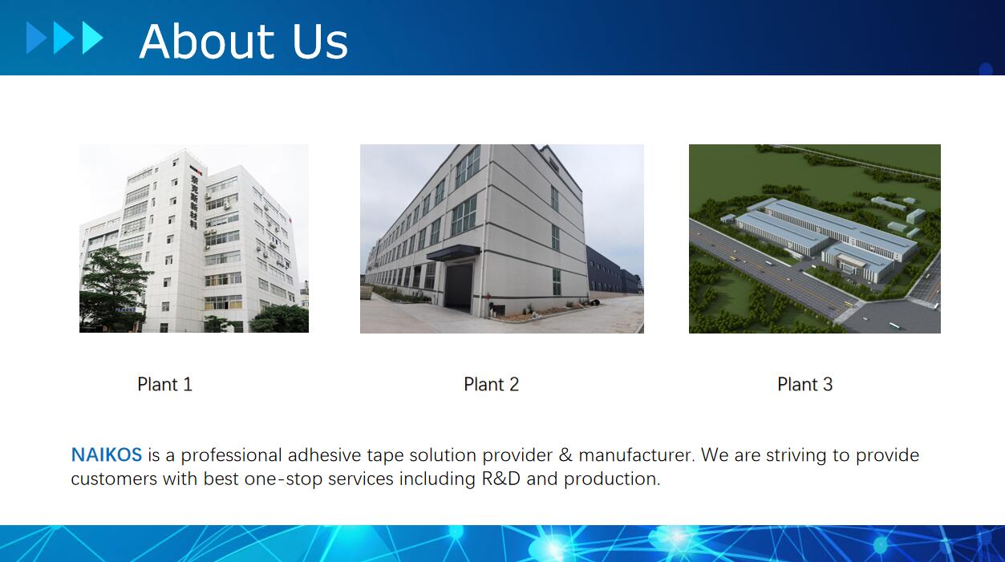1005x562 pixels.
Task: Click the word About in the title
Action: pyautogui.click(x=207, y=41)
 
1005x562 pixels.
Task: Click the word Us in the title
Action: pyautogui.click(x=319, y=41)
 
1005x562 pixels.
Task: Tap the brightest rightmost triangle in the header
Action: pyautogui.click(x=92, y=38)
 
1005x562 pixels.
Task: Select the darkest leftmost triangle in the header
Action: pyautogui.click(x=36, y=38)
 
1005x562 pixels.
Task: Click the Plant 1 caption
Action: pyautogui.click(x=164, y=384)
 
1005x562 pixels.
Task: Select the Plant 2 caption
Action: pyautogui.click(x=492, y=384)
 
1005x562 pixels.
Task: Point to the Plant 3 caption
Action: pyautogui.click(x=805, y=384)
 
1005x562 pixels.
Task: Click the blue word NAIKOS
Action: pyautogui.click(x=107, y=455)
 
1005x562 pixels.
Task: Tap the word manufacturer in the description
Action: pyautogui.click(x=637, y=455)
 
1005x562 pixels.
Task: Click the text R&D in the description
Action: pyautogui.click(x=500, y=479)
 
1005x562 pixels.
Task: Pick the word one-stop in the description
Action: pyautogui.click(x=283, y=479)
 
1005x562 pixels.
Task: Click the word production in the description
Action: pyautogui.click(x=612, y=479)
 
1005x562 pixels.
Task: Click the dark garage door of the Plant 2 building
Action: pyautogui.click(x=458, y=287)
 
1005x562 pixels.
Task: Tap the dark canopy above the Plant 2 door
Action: pyautogui.click(x=453, y=253)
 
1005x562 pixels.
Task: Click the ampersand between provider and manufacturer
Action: pyautogui.click(x=565, y=455)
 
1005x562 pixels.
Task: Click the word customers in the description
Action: pyautogui.click(x=114, y=479)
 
